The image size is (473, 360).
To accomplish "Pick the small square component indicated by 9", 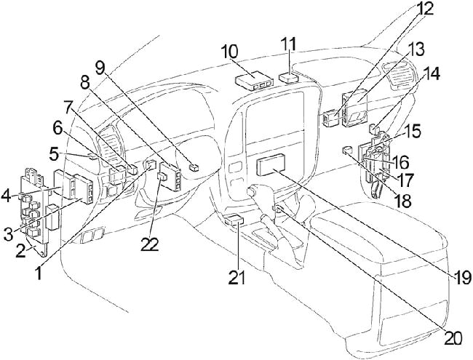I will pos(193,167).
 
